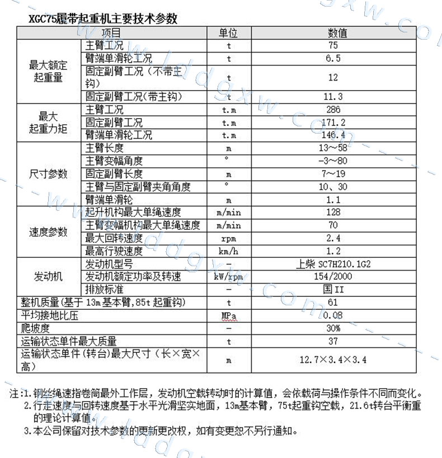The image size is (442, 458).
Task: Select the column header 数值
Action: (337, 33)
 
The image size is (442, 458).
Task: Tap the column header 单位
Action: (228, 33)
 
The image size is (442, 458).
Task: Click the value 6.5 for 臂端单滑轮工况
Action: (333, 58)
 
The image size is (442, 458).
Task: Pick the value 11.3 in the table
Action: (333, 97)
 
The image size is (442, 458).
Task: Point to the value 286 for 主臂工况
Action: (333, 110)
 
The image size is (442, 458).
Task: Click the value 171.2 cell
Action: (333, 122)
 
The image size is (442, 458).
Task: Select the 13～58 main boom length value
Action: (333, 148)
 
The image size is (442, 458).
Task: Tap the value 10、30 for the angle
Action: (333, 187)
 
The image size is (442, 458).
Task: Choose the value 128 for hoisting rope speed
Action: (333, 213)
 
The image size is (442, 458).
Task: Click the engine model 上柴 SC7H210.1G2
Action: (333, 264)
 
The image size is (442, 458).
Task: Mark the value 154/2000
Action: (333, 277)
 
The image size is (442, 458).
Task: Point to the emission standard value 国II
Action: (333, 290)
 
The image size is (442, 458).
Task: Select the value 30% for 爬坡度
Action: (333, 328)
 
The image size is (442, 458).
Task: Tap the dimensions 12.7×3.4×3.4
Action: (333, 360)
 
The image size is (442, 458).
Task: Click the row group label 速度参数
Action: (48, 232)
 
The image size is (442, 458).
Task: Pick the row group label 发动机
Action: (48, 277)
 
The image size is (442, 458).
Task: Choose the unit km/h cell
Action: (228, 251)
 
